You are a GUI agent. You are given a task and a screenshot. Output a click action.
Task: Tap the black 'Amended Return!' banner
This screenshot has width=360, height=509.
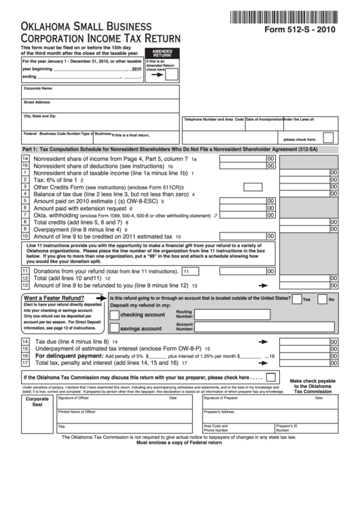click(162, 53)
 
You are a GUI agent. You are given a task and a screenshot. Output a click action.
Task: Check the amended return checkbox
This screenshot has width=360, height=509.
click(173, 73)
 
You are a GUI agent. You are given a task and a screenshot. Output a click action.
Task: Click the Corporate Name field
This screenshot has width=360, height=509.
click(100, 91)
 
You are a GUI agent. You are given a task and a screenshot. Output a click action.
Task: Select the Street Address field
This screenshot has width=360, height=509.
click(100, 105)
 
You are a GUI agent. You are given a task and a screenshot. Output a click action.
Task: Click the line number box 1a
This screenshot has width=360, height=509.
click(25, 158)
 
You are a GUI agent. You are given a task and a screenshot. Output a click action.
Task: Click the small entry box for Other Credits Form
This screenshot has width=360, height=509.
click(252, 187)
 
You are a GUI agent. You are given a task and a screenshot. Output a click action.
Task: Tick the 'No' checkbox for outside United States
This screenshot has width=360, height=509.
click(322, 298)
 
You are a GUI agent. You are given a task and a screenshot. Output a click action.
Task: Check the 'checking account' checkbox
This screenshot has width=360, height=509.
click(114, 315)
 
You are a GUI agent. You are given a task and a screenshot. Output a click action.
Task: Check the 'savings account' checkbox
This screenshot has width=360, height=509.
click(114, 328)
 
